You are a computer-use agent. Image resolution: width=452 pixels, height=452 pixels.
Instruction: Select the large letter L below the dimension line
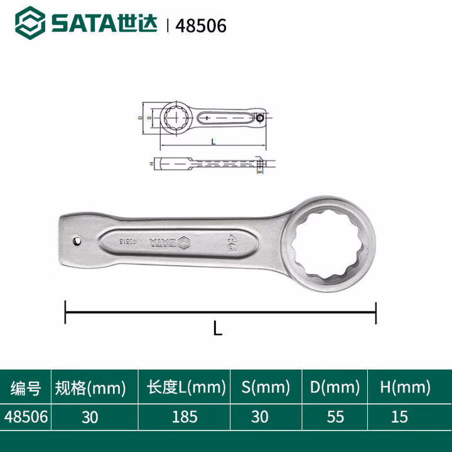(x=217, y=328)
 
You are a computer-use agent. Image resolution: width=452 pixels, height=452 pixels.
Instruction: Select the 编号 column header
(x=26, y=388)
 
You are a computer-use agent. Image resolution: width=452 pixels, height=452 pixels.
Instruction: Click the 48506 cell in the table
(x=26, y=417)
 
